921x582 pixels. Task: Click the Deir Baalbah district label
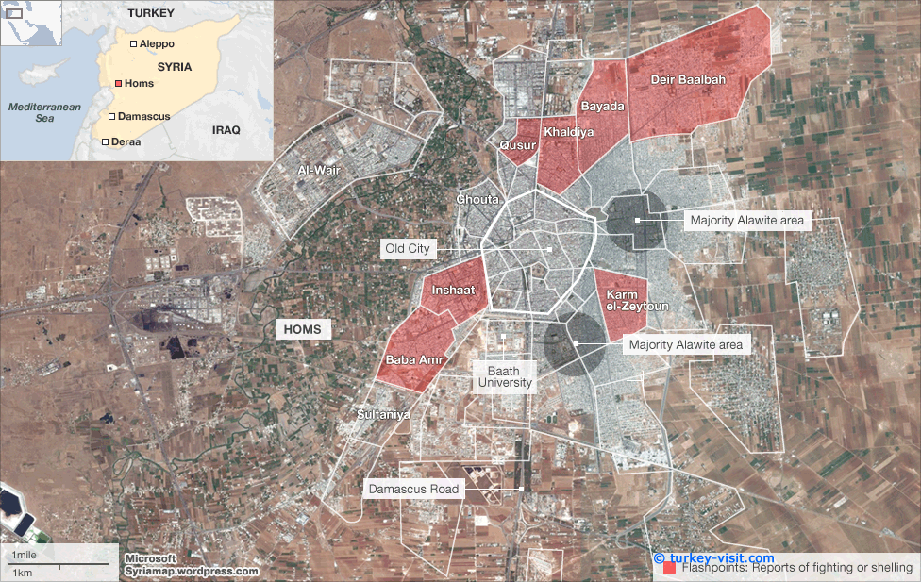tap(688, 80)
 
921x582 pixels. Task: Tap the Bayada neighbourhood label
tap(602, 107)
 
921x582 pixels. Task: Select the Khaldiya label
tap(569, 133)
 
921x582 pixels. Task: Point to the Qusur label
tap(517, 145)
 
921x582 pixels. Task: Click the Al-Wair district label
tap(318, 170)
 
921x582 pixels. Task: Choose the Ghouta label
tap(477, 200)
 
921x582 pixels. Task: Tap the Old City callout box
tap(407, 249)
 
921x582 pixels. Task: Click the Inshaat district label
tap(453, 291)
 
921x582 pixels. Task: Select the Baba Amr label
tap(408, 359)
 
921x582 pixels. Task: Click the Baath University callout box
tap(504, 377)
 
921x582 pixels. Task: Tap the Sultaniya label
tap(383, 414)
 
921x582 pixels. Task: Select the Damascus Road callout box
tap(413, 489)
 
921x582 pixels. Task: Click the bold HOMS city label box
tap(304, 330)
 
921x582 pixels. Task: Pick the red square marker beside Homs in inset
tap(118, 84)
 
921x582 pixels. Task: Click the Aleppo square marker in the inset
tap(133, 44)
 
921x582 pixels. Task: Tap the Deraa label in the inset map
tap(126, 141)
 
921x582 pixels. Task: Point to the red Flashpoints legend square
tap(669, 568)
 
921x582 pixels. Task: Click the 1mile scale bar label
tap(25, 554)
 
